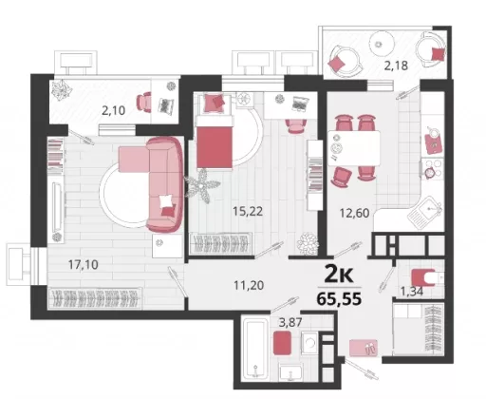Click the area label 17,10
84,264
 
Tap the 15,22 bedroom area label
248,211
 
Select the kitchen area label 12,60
354,213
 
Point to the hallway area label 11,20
249,286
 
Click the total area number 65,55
339,298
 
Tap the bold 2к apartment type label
339,275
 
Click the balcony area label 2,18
396,66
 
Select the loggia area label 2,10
113,110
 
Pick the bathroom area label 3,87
290,323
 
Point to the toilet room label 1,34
412,292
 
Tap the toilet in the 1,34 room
427,277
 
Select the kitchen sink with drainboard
425,213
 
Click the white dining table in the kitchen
354,148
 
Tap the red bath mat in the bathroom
282,343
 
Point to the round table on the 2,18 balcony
382,44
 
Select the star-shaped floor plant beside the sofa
202,186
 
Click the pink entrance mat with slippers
364,348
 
